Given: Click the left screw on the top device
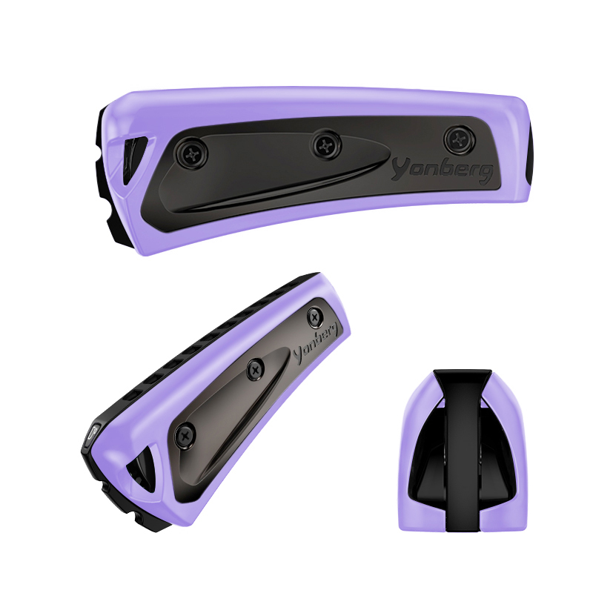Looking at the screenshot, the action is pos(191,153).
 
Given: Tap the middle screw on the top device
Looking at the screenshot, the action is pos(325,145).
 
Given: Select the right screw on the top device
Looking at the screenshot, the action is pos(460,140).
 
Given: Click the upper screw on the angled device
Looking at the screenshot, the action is pos(315,317).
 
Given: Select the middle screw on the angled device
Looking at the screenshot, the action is pos(256,368).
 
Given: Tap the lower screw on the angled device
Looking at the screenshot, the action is pos(186,434).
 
